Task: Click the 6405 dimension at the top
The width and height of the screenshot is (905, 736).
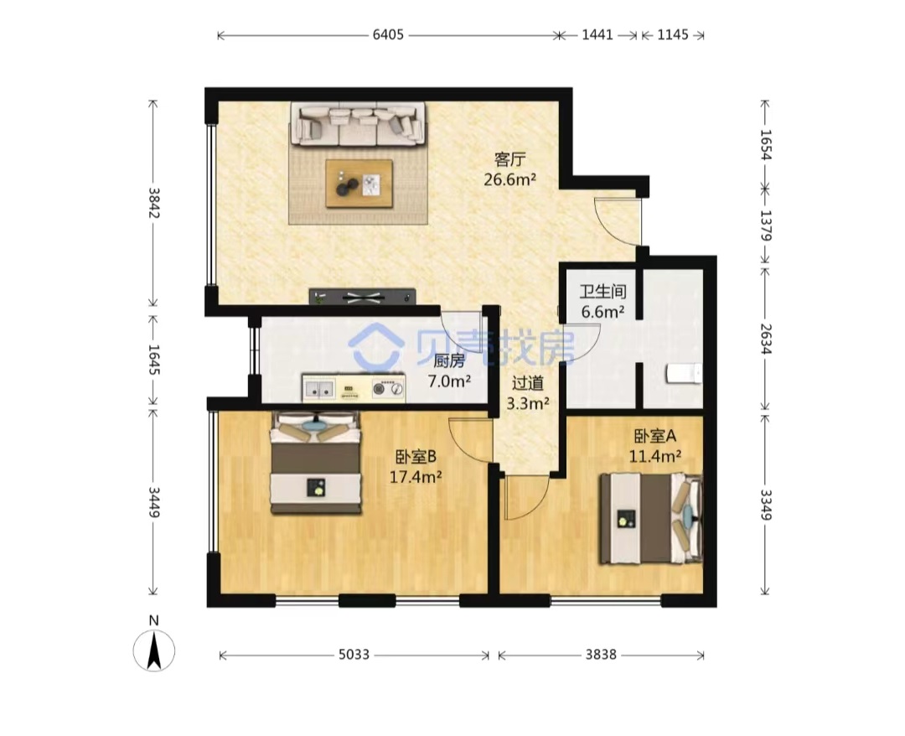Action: [x=388, y=35]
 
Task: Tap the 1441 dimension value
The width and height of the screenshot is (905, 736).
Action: [x=597, y=35]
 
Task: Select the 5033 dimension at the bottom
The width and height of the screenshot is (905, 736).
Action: [x=354, y=655]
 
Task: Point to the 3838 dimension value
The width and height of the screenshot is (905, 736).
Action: [x=601, y=655]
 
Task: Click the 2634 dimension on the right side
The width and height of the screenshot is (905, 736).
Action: [x=765, y=339]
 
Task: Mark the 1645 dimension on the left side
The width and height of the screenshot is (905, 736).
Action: [x=153, y=359]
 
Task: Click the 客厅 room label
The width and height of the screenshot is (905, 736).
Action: [x=509, y=158]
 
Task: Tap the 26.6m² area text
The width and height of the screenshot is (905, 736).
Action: [x=509, y=179]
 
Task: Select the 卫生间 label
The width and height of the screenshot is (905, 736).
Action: [x=602, y=292]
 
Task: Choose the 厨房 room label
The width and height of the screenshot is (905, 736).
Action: [x=448, y=361]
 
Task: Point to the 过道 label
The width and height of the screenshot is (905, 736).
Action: [x=528, y=383]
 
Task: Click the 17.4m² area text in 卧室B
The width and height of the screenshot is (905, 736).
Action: [x=416, y=477]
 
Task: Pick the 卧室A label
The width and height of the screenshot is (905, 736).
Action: [x=654, y=436]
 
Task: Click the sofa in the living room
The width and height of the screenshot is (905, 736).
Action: [x=358, y=124]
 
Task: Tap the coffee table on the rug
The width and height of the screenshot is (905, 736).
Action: [x=359, y=183]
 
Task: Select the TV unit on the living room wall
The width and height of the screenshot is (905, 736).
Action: [x=363, y=297]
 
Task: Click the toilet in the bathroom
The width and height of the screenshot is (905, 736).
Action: [x=685, y=374]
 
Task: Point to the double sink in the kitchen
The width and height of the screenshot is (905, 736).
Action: [x=319, y=389]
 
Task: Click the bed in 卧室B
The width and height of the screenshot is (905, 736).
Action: [x=316, y=463]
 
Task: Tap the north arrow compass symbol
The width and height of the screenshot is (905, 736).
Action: [x=153, y=650]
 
